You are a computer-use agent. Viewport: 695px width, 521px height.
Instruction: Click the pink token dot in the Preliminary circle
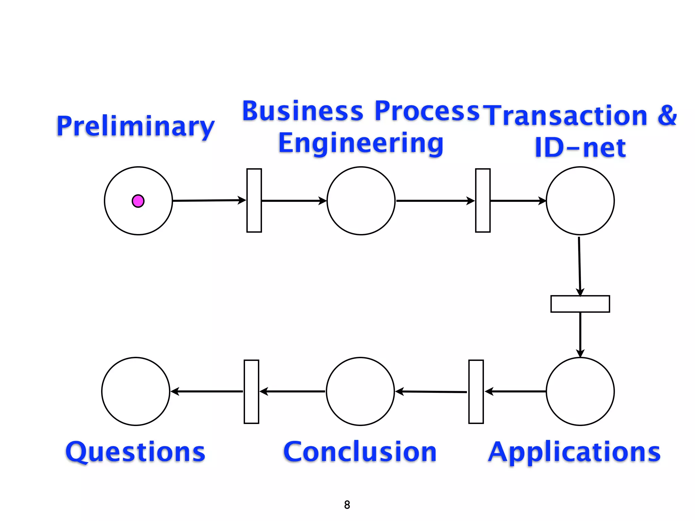click(138, 201)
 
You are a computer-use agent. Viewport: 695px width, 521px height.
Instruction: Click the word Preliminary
click(135, 126)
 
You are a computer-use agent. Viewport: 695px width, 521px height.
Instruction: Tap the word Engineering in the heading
click(361, 143)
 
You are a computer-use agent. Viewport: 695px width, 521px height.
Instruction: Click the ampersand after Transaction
click(667, 115)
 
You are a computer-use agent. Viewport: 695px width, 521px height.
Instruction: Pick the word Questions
click(135, 452)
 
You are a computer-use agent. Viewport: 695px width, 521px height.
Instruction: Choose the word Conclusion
click(360, 452)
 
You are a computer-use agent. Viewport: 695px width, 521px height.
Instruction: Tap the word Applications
click(574, 452)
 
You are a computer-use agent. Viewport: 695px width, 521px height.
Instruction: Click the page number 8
click(347, 505)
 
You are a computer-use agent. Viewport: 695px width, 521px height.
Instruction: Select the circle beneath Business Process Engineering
click(361, 201)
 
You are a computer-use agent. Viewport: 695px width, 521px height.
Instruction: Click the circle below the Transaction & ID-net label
click(580, 201)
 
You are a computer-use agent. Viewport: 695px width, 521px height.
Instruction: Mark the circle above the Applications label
click(580, 391)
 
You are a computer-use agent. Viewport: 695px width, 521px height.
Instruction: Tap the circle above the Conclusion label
click(360, 391)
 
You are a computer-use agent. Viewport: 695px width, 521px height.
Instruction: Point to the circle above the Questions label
click(135, 391)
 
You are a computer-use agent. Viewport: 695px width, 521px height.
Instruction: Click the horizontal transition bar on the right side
click(580, 304)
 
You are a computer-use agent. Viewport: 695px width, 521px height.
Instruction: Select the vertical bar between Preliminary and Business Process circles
click(254, 200)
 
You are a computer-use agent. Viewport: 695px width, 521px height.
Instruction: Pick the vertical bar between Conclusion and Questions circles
click(251, 392)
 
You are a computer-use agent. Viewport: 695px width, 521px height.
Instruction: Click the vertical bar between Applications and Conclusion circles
click(476, 392)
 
